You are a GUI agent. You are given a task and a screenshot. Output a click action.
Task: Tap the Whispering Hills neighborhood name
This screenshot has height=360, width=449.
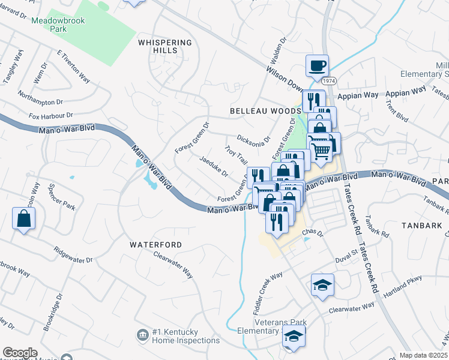165,47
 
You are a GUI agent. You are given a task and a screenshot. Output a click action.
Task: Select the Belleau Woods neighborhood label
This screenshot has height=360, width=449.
265,111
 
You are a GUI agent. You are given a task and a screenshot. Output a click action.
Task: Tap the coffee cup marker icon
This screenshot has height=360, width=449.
317,67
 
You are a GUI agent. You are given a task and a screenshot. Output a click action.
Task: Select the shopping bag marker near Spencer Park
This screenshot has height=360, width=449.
23,219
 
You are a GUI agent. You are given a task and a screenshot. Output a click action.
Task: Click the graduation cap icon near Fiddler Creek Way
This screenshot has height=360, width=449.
322,286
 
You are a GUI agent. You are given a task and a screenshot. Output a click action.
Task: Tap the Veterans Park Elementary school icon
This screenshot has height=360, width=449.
294,338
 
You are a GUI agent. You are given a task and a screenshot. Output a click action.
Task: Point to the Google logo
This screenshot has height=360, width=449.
20,352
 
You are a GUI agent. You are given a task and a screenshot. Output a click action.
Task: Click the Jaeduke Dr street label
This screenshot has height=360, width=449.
214,168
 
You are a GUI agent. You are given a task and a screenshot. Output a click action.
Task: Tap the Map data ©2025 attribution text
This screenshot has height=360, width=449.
423,355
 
